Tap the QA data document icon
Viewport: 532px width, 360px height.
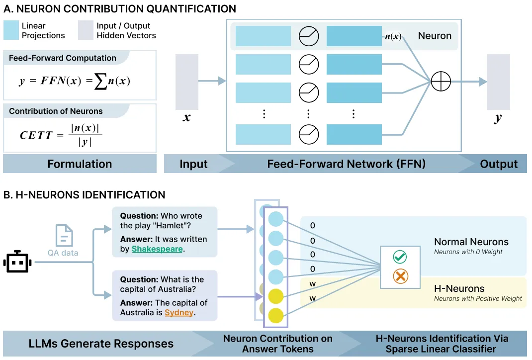coord(64,236)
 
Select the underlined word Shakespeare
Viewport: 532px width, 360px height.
coord(157,249)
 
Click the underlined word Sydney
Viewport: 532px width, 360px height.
coord(179,313)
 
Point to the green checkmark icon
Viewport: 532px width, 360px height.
coord(400,257)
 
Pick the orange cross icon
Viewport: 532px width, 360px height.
coord(400,275)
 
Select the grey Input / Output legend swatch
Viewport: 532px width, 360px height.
coord(86,30)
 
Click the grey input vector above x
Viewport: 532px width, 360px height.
coord(187,82)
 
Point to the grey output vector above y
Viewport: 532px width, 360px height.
coord(498,82)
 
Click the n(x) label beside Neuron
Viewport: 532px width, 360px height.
coord(393,36)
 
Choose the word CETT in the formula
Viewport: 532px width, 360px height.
coord(36,135)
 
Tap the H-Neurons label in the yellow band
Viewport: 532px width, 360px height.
coord(459,288)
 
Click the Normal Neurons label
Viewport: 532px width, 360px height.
coord(471,242)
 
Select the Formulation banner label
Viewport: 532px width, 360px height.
coord(80,164)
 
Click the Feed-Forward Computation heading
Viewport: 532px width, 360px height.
coord(63,58)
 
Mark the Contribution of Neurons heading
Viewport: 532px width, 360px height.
coord(56,111)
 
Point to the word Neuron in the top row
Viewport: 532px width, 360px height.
coord(435,36)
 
